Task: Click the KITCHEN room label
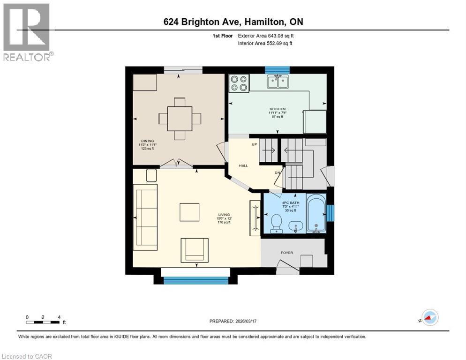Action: pyautogui.click(x=277, y=109)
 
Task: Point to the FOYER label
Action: pyautogui.click(x=287, y=253)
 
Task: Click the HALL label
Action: pyautogui.click(x=243, y=165)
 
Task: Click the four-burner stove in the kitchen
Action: pyautogui.click(x=239, y=83)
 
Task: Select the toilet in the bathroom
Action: pyautogui.click(x=276, y=222)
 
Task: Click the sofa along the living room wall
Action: pyautogui.click(x=145, y=215)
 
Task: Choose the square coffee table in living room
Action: pyautogui.click(x=189, y=212)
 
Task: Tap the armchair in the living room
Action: pyautogui.click(x=193, y=249)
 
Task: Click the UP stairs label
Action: pyautogui.click(x=255, y=144)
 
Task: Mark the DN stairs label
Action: pyautogui.click(x=278, y=172)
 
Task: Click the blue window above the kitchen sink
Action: pyautogui.click(x=277, y=70)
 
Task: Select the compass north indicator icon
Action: pyautogui.click(x=429, y=318)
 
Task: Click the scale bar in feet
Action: pyautogui.click(x=43, y=322)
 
